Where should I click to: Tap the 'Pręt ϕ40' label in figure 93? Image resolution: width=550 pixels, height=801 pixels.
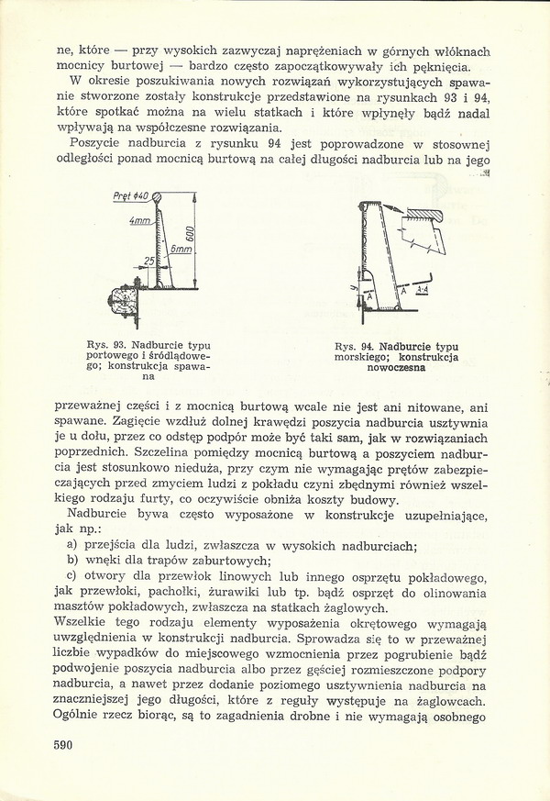128,196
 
